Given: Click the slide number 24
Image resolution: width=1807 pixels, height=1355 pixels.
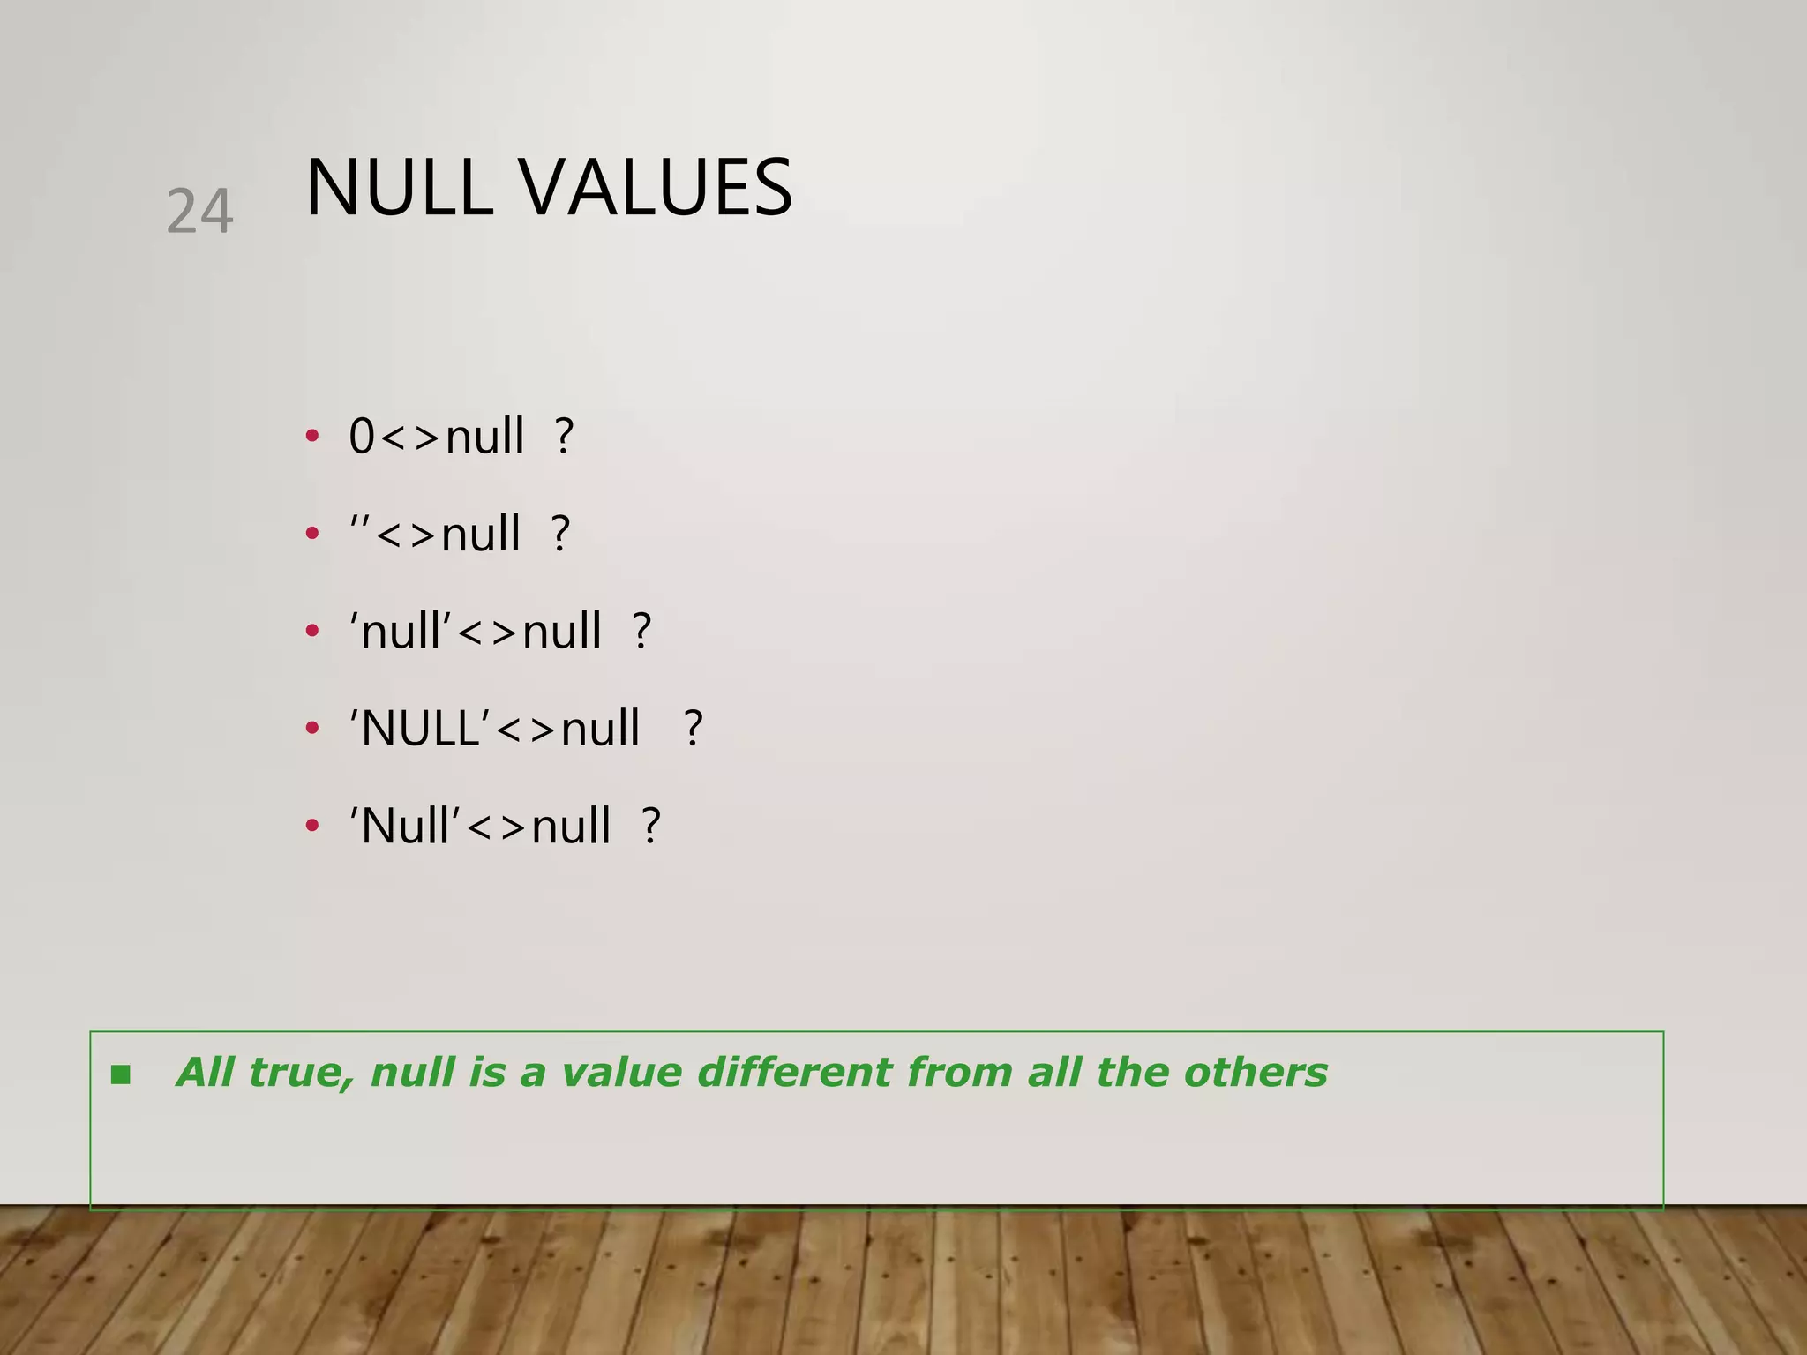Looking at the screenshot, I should [199, 212].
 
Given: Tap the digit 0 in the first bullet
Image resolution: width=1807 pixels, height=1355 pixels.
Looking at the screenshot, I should [362, 437].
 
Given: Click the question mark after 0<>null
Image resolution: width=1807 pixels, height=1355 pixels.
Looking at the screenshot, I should [565, 437].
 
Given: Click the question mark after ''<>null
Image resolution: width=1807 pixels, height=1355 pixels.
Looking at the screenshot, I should [561, 534].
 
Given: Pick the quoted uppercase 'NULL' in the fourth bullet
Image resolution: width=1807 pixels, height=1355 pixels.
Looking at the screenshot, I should [420, 729].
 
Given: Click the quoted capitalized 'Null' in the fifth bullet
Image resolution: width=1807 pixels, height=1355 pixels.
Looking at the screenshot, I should [405, 827].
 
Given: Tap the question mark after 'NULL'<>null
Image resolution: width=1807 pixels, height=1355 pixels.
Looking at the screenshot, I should [694, 729].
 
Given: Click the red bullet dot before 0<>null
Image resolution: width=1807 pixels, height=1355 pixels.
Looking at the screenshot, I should [311, 436].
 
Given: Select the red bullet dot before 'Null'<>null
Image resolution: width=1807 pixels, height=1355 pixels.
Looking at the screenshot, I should [311, 826].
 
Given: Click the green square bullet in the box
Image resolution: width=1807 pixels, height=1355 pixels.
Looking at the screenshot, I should [121, 1074].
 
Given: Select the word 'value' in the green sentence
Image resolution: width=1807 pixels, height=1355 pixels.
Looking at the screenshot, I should [621, 1073].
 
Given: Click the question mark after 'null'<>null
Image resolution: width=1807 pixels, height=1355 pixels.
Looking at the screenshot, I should [642, 632].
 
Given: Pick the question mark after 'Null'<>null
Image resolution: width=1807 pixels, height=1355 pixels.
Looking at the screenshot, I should [651, 827].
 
